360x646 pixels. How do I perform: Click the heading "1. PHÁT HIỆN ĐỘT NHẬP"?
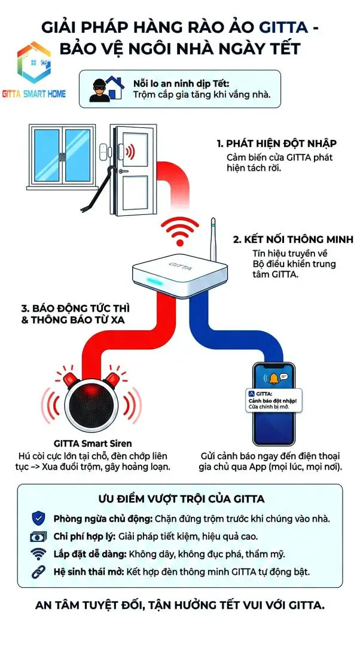[276, 144]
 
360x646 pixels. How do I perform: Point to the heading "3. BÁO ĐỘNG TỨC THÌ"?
[76, 309]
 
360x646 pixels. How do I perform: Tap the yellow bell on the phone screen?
[274, 378]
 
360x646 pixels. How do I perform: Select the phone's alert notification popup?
[275, 400]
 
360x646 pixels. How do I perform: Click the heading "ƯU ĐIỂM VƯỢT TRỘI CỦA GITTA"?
[181, 498]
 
